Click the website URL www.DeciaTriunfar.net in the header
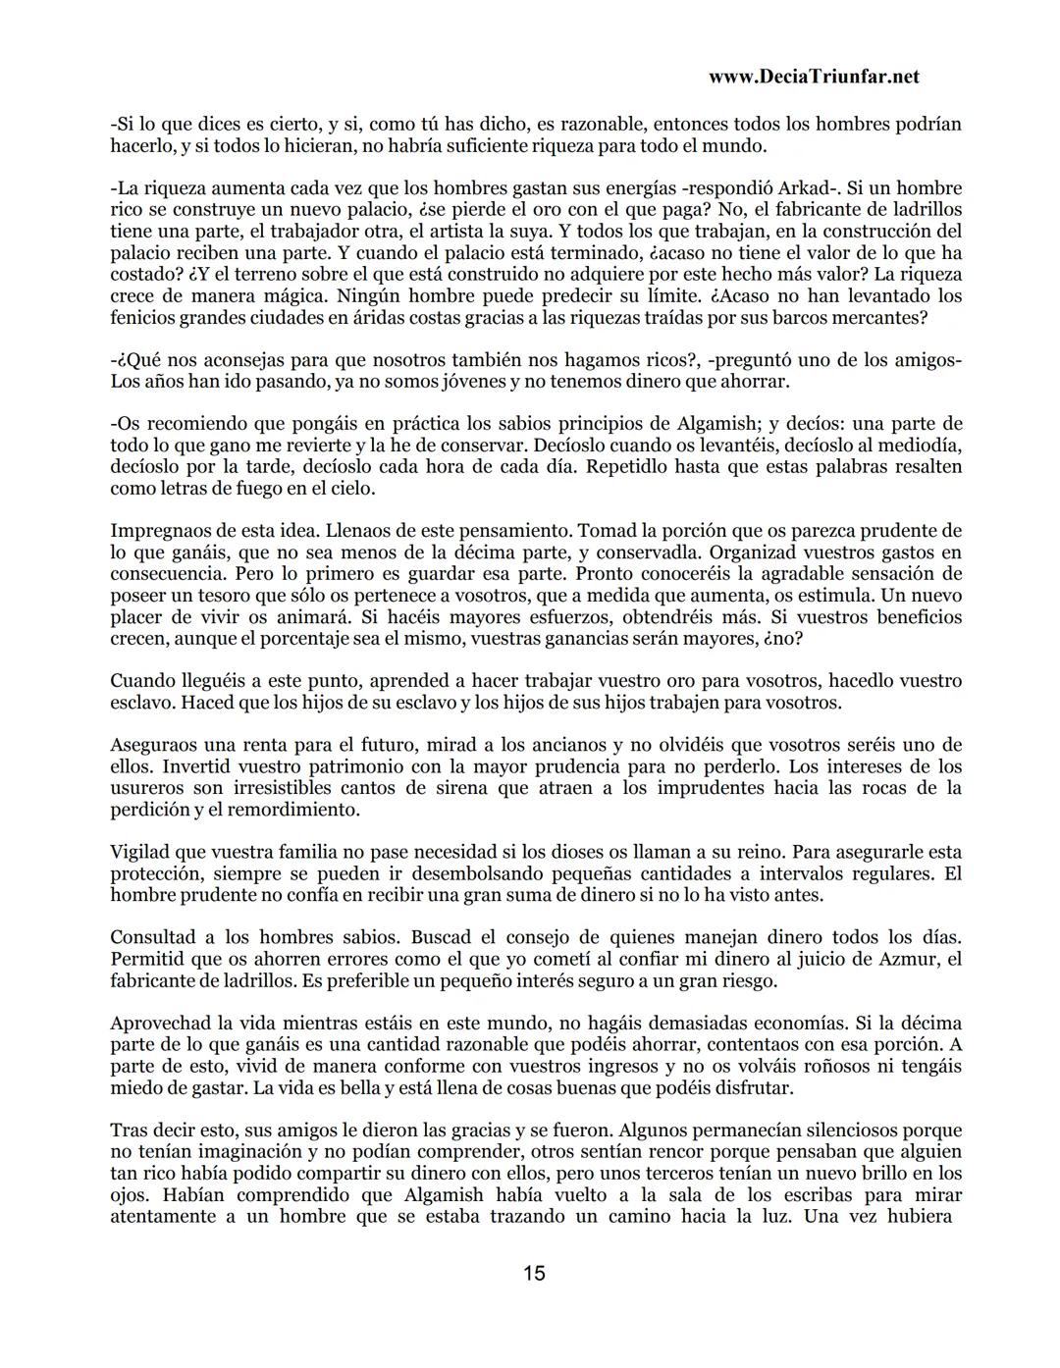point(813,78)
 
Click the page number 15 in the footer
point(534,1274)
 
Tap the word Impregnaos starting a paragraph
point(160,531)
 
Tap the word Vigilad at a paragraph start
point(140,852)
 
